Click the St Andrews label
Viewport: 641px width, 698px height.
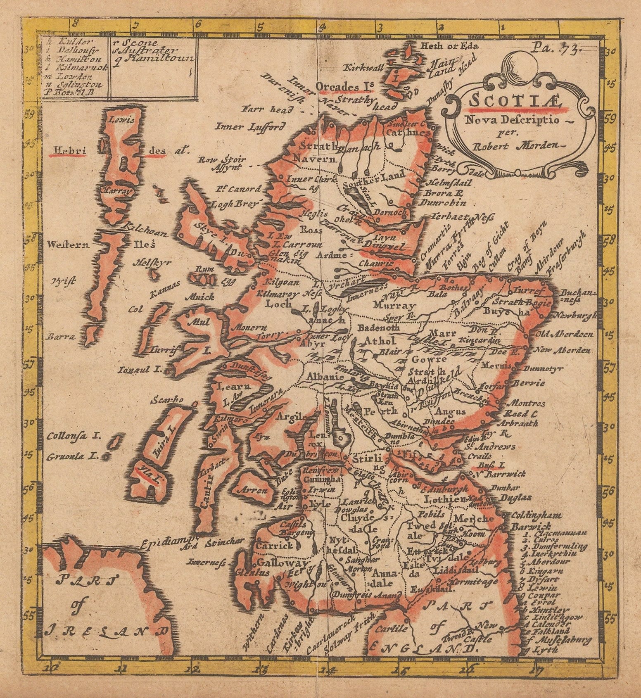coord(489,446)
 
